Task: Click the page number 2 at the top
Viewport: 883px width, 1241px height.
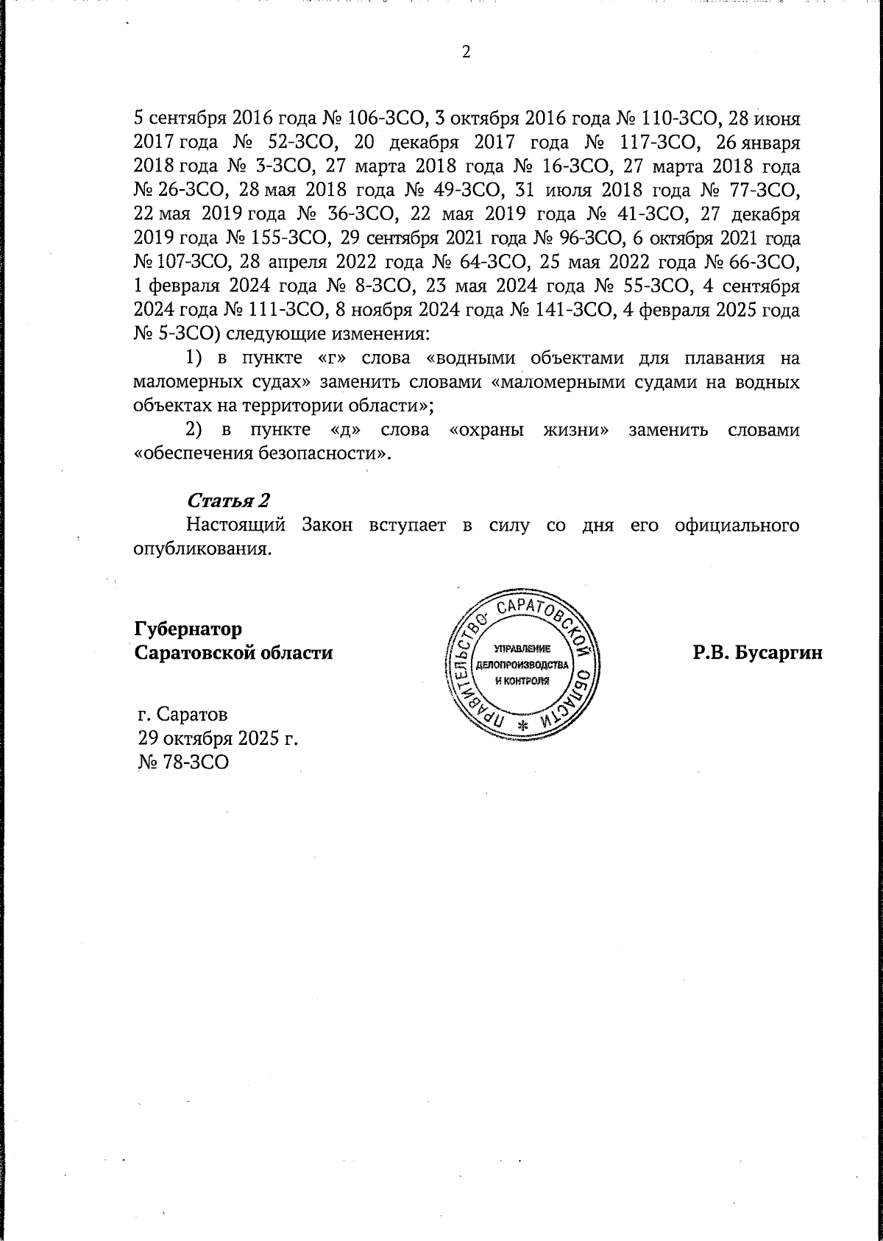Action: pyautogui.click(x=465, y=52)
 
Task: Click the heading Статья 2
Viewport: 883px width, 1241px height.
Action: pyautogui.click(x=228, y=501)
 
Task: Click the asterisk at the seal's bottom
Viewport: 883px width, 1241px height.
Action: pyautogui.click(x=523, y=724)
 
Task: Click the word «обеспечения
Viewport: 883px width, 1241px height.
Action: pyautogui.click(x=193, y=453)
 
